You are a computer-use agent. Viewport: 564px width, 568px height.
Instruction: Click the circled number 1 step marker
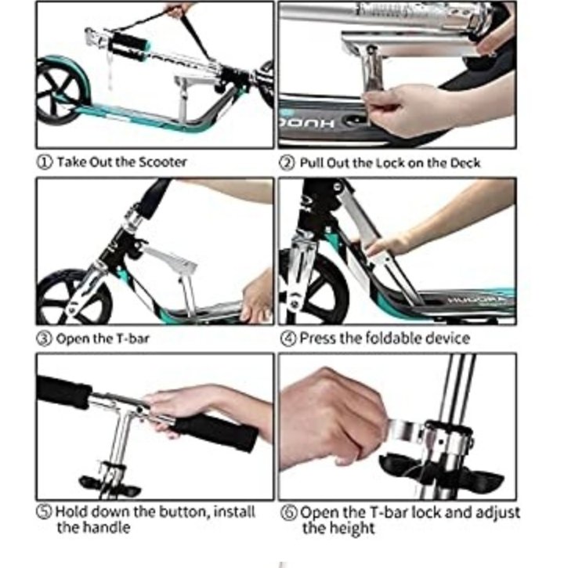(45, 162)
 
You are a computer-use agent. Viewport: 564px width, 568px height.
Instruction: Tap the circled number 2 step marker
(287, 163)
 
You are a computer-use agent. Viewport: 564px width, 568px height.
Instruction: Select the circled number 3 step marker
(44, 338)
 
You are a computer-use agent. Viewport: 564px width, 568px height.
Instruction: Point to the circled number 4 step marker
(288, 338)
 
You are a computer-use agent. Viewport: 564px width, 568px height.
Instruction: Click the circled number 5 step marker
(44, 512)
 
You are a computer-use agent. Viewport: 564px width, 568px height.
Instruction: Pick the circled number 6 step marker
(289, 512)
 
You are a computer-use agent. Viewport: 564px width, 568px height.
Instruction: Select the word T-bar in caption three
(132, 338)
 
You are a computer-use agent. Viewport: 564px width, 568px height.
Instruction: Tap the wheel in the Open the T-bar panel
(72, 296)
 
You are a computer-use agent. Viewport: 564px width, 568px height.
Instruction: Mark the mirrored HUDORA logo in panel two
(307, 124)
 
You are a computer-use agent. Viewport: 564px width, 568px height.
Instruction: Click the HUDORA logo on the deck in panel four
(475, 300)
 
